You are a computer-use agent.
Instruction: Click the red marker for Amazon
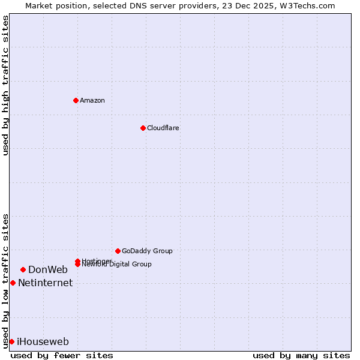click(76, 100)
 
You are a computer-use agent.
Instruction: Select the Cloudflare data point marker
click(143, 128)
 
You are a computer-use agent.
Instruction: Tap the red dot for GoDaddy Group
click(118, 251)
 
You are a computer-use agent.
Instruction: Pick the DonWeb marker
click(23, 269)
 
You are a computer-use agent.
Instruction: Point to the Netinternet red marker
click(13, 283)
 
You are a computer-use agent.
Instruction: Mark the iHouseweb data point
click(11, 341)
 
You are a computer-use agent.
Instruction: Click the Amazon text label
click(92, 100)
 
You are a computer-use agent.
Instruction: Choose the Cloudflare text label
click(163, 128)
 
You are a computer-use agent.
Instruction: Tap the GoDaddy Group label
click(147, 251)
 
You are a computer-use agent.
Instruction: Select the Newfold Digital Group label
click(116, 265)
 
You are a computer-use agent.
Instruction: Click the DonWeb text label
click(48, 269)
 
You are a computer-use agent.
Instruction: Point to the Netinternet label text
click(45, 283)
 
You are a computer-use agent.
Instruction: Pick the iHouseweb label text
click(43, 341)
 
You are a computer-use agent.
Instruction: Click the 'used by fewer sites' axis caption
click(62, 355)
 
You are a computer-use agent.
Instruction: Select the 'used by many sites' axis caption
click(301, 355)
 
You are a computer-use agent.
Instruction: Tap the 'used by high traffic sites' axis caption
click(6, 85)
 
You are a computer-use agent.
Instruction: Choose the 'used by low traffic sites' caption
click(6, 280)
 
